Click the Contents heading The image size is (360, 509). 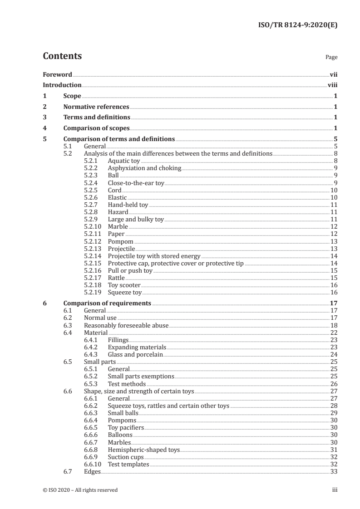click(x=62, y=56)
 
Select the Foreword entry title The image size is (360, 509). click(x=57, y=74)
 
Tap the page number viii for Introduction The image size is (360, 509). click(x=332, y=85)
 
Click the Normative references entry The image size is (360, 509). click(x=96, y=107)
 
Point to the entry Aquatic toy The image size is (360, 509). click(x=124, y=161)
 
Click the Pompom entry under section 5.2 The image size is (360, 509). click(x=121, y=241)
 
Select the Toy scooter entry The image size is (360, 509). click(x=124, y=285)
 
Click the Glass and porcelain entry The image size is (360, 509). click(x=135, y=354)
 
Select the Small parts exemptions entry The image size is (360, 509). click(x=141, y=376)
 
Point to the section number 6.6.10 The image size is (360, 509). click(x=94, y=465)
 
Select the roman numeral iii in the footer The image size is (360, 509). click(x=335, y=490)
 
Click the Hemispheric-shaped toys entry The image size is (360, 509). click(x=143, y=450)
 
